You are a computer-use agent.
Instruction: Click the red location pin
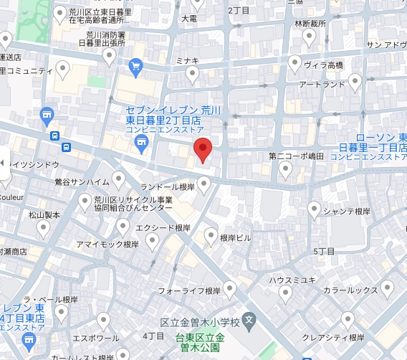pyautogui.click(x=203, y=149)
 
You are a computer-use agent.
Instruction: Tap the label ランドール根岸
pyautogui.click(x=168, y=186)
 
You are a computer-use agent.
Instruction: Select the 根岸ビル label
pyautogui.click(x=235, y=237)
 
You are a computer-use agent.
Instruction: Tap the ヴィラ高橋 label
pyautogui.click(x=323, y=65)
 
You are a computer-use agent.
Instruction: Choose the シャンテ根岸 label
pyautogui.click(x=346, y=212)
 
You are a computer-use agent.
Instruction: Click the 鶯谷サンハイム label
pyautogui.click(x=82, y=181)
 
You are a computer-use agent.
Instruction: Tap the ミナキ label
pyautogui.click(x=187, y=62)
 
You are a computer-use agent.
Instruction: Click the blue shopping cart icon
pyautogui.click(x=136, y=67)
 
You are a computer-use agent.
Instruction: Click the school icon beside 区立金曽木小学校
pyautogui.click(x=249, y=318)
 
